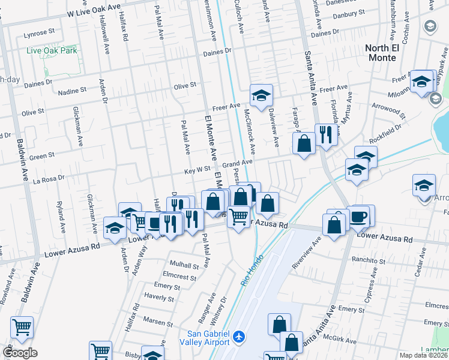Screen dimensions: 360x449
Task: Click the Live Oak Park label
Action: click(52, 51)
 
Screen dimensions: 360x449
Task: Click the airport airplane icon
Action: click(240, 337)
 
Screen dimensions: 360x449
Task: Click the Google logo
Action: click(20, 353)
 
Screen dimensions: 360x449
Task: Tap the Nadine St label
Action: click(73, 91)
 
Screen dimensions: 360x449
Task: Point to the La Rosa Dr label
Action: click(48, 179)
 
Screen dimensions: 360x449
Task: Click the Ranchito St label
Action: click(369, 262)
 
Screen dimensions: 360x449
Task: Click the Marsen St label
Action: click(158, 323)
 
